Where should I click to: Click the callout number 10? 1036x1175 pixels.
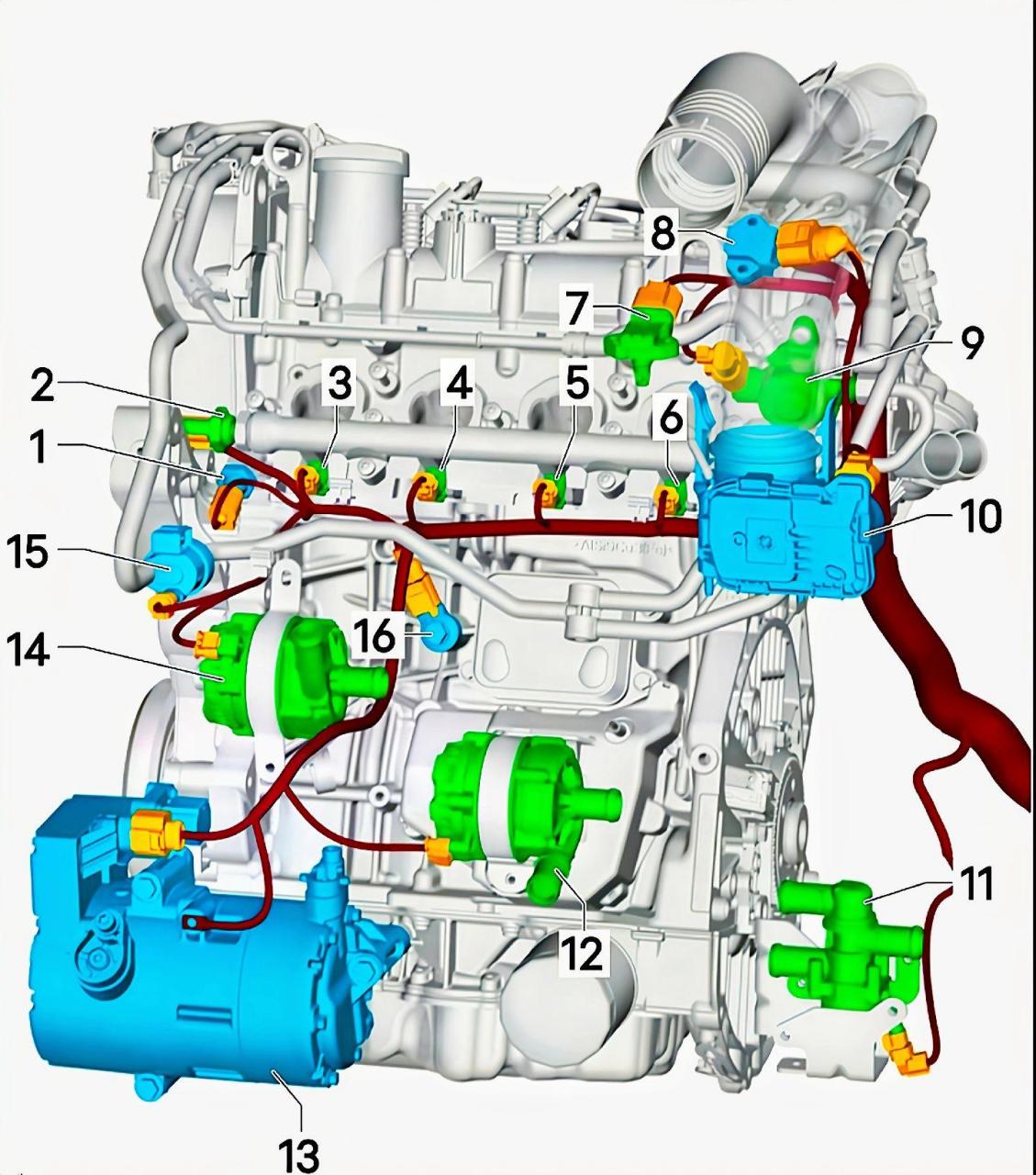point(980,515)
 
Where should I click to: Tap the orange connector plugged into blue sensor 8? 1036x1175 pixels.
point(808,242)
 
